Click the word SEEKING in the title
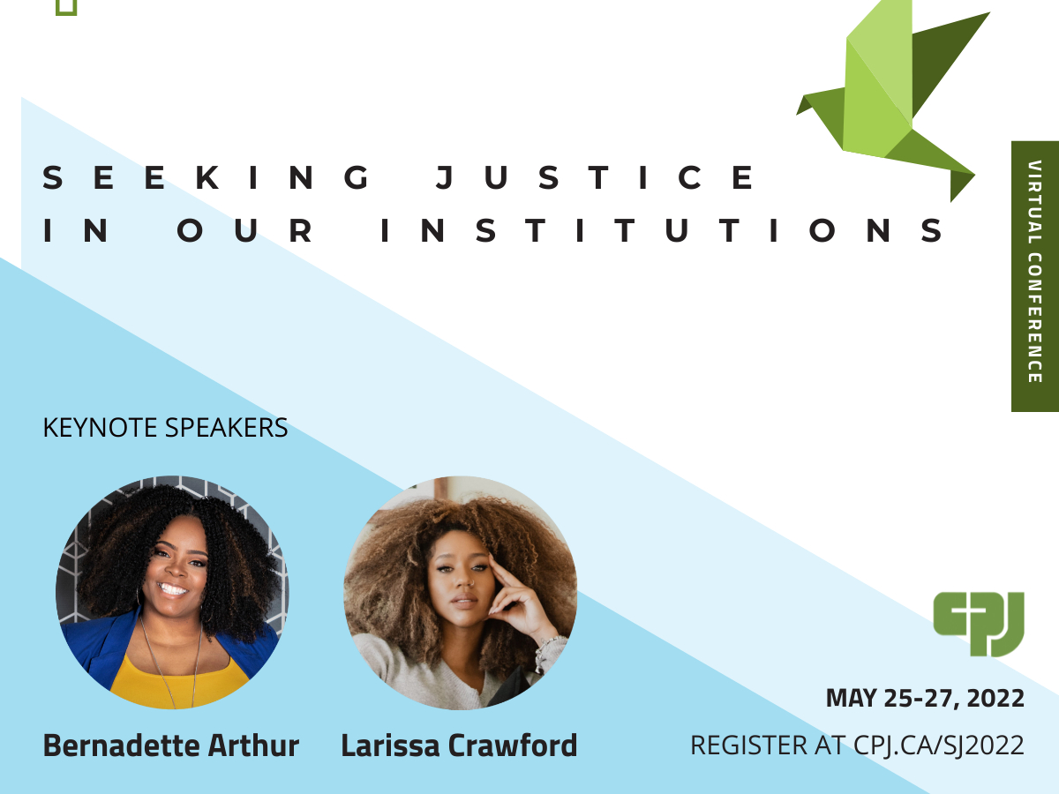(x=207, y=177)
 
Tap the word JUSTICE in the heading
(x=595, y=177)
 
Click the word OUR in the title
(x=245, y=230)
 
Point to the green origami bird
(x=888, y=96)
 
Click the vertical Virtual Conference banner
(x=1035, y=276)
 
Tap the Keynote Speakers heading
(x=165, y=428)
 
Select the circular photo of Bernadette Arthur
(x=172, y=593)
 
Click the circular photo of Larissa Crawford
(x=461, y=593)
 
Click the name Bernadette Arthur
(x=171, y=745)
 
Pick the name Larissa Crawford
(x=459, y=745)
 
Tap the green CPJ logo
(x=979, y=624)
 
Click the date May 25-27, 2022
(x=925, y=698)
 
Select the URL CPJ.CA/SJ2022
(x=939, y=745)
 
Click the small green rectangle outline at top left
(x=66, y=8)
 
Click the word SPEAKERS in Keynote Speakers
(x=226, y=428)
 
